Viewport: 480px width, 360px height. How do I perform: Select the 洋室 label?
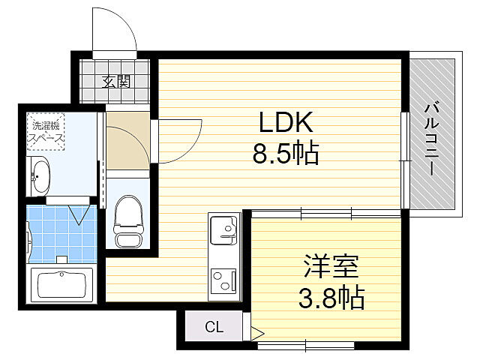point(330,266)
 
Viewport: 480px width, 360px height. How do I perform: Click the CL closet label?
point(214,327)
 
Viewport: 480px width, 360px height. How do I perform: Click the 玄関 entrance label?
point(116,81)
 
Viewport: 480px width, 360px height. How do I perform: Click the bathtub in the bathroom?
point(60,285)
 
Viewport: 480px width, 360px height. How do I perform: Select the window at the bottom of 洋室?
point(306,346)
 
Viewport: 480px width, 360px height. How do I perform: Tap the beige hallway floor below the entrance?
point(127,142)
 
